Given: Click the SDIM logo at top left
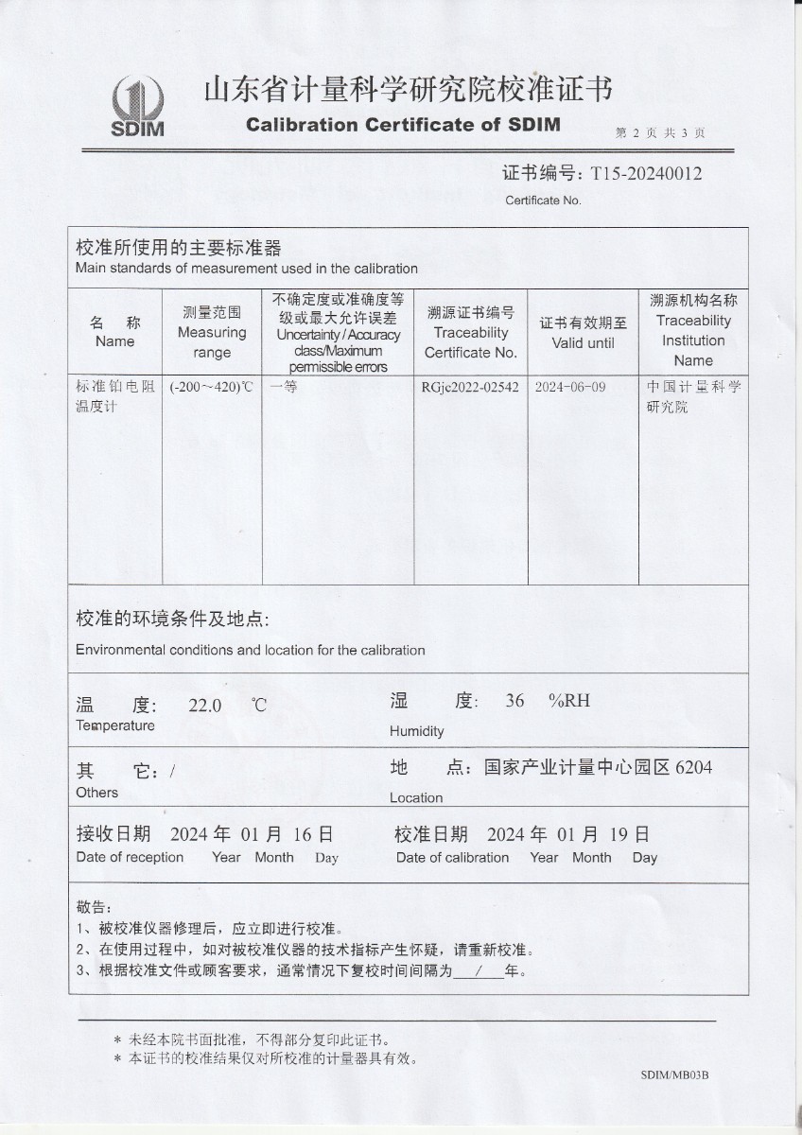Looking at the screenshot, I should pyautogui.click(x=139, y=106).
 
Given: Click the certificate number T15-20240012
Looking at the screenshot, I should pyautogui.click(x=646, y=173).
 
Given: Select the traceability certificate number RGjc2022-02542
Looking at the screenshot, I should pyautogui.click(x=470, y=387).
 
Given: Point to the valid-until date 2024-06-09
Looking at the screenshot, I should pyautogui.click(x=570, y=387).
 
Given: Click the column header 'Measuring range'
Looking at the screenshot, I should pyautogui.click(x=212, y=332).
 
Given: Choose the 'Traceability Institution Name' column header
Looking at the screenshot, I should pyautogui.click(x=693, y=330).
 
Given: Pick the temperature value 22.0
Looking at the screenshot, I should pyautogui.click(x=205, y=705).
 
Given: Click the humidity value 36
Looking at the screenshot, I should pyautogui.click(x=514, y=701).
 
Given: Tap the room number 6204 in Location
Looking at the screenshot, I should pyautogui.click(x=693, y=767).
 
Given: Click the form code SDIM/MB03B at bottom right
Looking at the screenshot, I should pyautogui.click(x=674, y=1075).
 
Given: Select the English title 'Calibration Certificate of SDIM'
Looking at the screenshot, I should pyautogui.click(x=403, y=125).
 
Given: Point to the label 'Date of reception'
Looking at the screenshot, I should pyautogui.click(x=130, y=857).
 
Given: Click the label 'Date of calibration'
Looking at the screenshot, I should pyautogui.click(x=452, y=858).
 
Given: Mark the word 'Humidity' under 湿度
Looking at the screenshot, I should pyautogui.click(x=416, y=731).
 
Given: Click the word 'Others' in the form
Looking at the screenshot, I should pyautogui.click(x=97, y=793).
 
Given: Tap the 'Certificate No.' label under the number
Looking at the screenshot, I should pyautogui.click(x=543, y=201).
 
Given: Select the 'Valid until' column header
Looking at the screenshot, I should pyautogui.click(x=583, y=342).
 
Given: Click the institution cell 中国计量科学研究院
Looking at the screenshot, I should pyautogui.click(x=693, y=396).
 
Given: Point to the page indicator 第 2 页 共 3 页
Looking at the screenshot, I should pyautogui.click(x=659, y=133).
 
